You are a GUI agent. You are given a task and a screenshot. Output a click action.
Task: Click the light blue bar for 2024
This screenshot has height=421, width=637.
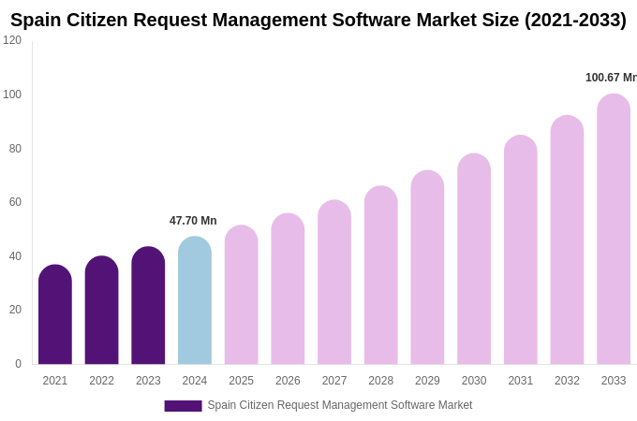(195, 301)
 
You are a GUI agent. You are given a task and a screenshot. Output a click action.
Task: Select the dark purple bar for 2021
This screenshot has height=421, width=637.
(55, 315)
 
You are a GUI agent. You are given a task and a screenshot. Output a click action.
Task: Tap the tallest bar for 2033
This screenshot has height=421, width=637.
(614, 230)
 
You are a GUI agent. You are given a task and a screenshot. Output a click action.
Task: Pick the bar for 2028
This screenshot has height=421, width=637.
(380, 276)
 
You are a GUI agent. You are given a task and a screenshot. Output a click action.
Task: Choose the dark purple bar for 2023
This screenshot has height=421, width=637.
(148, 306)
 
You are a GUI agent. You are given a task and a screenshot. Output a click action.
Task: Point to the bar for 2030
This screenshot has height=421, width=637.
(474, 260)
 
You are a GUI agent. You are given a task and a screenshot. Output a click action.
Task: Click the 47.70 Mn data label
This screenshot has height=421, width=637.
(193, 221)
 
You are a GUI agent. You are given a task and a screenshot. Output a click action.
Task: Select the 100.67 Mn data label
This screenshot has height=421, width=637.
(611, 78)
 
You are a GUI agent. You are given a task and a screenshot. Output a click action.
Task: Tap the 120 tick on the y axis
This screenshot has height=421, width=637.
(12, 40)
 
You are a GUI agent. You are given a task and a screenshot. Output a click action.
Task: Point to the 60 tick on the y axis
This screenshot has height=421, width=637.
(15, 202)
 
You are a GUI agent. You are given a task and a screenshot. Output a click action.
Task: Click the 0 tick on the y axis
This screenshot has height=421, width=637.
(18, 364)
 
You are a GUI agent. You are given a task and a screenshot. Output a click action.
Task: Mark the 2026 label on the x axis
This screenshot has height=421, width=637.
(288, 381)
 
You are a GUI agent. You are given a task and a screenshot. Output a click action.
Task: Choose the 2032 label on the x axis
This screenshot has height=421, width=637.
(567, 381)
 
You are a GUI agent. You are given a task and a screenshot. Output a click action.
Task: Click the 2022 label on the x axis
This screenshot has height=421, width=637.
(101, 381)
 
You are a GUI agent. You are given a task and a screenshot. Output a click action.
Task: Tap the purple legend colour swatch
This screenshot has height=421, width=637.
(183, 406)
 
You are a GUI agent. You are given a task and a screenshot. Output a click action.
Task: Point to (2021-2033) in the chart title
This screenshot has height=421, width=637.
(575, 20)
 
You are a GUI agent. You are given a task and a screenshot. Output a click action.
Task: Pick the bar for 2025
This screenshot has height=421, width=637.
(241, 296)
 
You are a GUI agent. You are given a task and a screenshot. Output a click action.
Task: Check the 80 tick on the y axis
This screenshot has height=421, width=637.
(15, 149)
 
